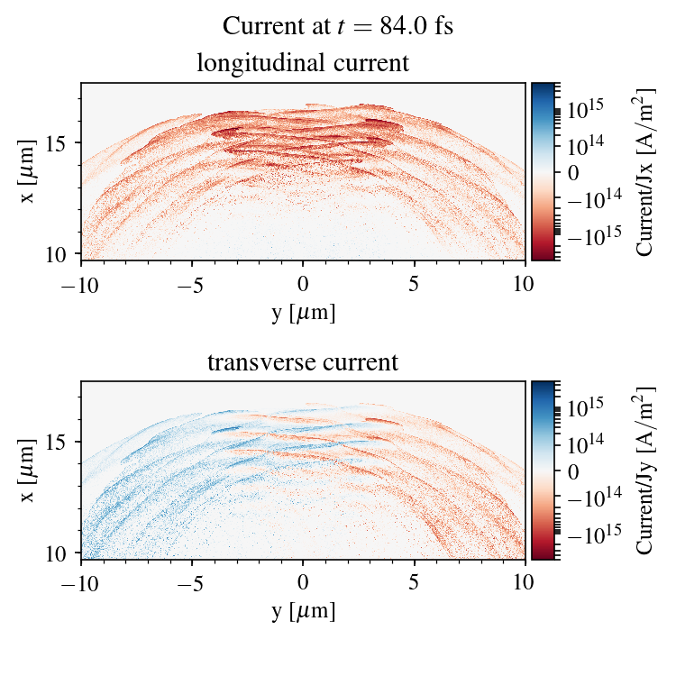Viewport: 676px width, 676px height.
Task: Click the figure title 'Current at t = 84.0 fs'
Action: (x=337, y=26)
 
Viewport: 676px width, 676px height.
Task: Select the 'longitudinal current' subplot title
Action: (x=303, y=64)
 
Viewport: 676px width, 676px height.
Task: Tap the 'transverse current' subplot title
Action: (x=303, y=363)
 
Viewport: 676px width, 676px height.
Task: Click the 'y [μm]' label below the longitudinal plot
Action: (x=303, y=312)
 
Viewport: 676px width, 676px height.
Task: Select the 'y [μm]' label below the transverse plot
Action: (x=303, y=611)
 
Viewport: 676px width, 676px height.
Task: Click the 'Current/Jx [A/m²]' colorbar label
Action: (x=644, y=171)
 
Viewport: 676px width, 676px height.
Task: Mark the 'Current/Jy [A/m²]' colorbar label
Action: (x=644, y=470)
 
